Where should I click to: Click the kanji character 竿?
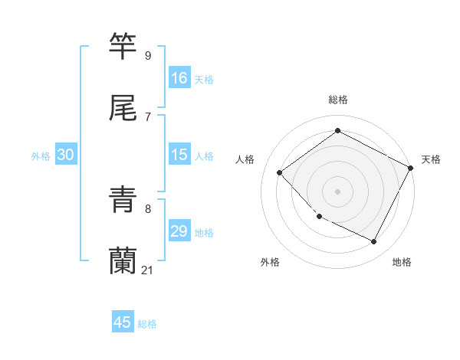tap(123, 47)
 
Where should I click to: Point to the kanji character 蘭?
tap(123, 261)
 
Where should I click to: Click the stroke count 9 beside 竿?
tap(148, 55)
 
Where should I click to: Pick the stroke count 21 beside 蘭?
tap(148, 270)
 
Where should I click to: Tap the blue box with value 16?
tap(179, 78)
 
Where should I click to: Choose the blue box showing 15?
tap(179, 155)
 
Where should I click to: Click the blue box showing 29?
tap(179, 231)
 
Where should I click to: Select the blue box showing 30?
tap(66, 155)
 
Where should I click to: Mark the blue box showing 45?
tap(123, 322)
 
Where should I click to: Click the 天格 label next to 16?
tap(204, 80)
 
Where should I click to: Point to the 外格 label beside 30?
tap(41, 156)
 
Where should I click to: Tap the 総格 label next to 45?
tap(147, 324)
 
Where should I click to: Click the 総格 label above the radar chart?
tap(338, 100)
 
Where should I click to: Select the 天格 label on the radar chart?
tap(431, 159)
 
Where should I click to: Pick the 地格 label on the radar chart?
tap(402, 262)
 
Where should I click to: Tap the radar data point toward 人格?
tap(280, 172)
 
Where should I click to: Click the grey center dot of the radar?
tap(338, 191)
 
